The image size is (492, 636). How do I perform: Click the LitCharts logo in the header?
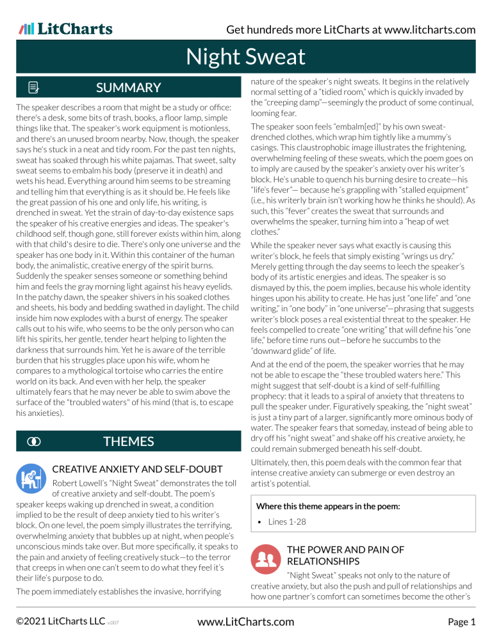click(x=65, y=29)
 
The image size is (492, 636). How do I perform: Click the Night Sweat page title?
click(x=245, y=58)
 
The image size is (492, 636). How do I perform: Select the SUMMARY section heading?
click(x=128, y=88)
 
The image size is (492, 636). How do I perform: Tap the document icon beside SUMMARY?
click(x=33, y=88)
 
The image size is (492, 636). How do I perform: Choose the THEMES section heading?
click(x=128, y=441)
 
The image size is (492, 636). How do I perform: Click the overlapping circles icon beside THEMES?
click(x=32, y=441)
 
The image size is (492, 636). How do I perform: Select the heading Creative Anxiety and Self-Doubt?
click(x=137, y=470)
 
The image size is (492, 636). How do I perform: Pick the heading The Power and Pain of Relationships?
click(x=346, y=555)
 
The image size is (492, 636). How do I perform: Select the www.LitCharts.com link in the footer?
click(x=246, y=621)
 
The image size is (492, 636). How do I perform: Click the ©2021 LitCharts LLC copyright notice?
click(x=58, y=621)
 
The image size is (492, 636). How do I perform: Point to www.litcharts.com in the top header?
click(x=422, y=29)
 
